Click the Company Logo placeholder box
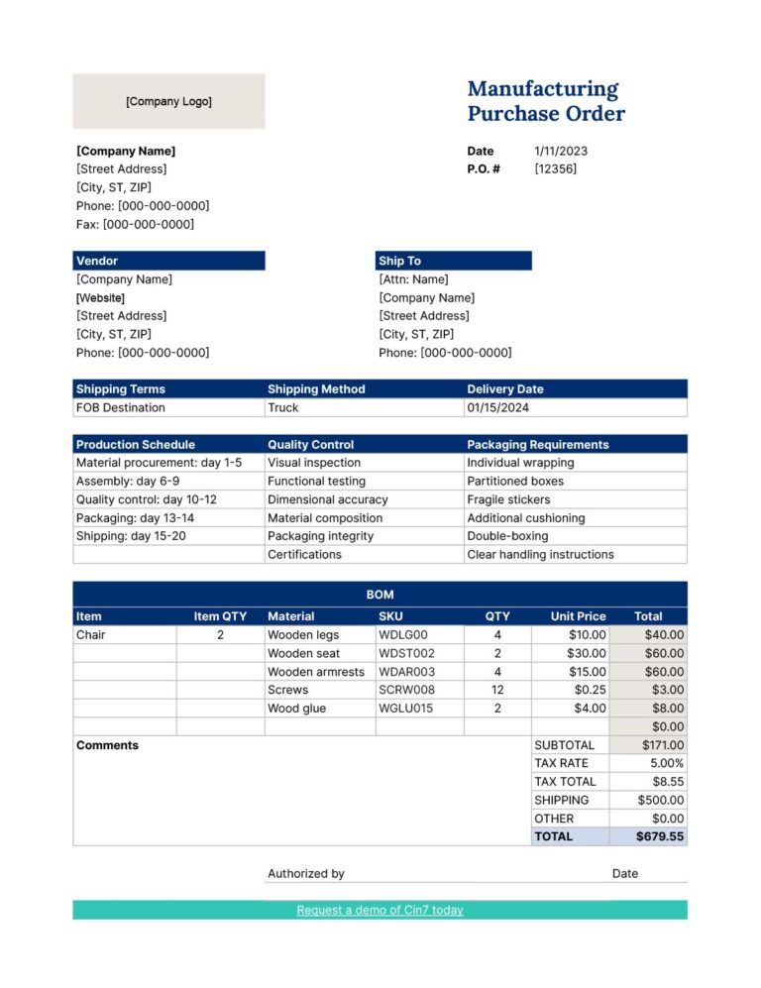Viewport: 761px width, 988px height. pos(168,101)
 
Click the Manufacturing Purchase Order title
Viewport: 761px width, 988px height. pos(546,101)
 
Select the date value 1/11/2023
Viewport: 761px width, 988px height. pos(561,151)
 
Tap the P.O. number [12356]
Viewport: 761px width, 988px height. pos(555,168)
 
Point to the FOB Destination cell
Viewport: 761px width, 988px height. pos(121,407)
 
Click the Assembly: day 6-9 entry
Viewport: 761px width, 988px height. pos(128,481)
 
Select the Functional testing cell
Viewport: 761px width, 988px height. pos(316,481)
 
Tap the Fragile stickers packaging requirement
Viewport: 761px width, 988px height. pos(508,499)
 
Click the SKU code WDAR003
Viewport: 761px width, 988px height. pos(406,672)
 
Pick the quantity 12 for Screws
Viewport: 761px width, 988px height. pos(497,690)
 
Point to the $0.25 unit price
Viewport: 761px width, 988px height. pos(590,690)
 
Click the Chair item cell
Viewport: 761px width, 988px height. pos(90,635)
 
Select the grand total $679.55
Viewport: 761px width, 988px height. pos(660,836)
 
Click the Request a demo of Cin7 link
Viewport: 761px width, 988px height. pos(380,910)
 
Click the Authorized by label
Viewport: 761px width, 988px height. pos(306,873)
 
